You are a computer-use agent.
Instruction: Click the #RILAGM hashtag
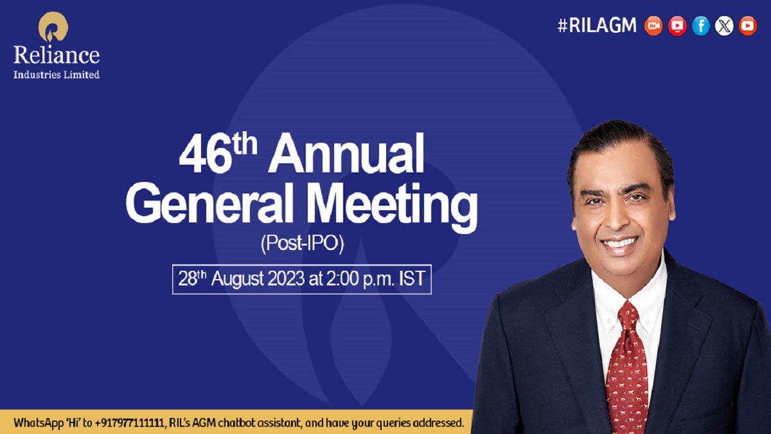(x=597, y=25)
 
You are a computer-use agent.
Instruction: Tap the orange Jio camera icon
(x=653, y=26)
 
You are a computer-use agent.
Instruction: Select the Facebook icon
(x=701, y=26)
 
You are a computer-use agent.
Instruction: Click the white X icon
(x=724, y=26)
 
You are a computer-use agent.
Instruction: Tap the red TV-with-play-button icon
(x=677, y=26)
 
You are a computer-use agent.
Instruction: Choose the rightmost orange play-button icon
(x=748, y=26)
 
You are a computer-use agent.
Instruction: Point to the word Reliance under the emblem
(x=57, y=55)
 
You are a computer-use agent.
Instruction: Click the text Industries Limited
(x=57, y=75)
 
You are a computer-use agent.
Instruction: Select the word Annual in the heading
(x=348, y=158)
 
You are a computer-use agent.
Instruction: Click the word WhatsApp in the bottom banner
(x=37, y=423)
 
